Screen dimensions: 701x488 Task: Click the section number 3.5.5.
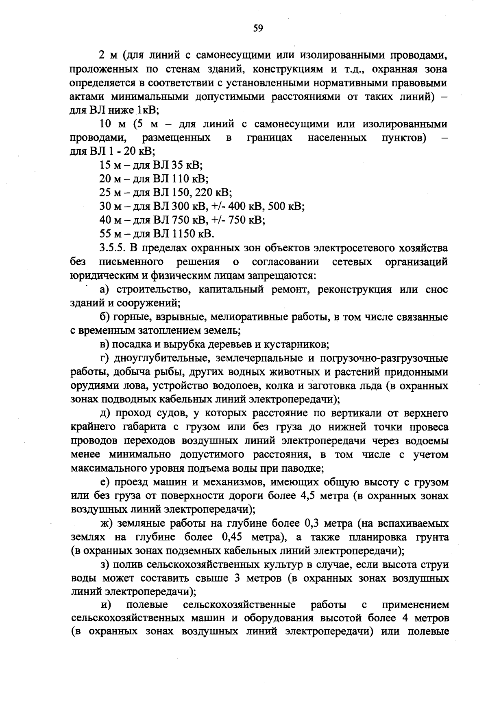pos(112,248)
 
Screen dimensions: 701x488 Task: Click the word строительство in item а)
pos(150,290)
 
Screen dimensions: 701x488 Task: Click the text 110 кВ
pos(190,179)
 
